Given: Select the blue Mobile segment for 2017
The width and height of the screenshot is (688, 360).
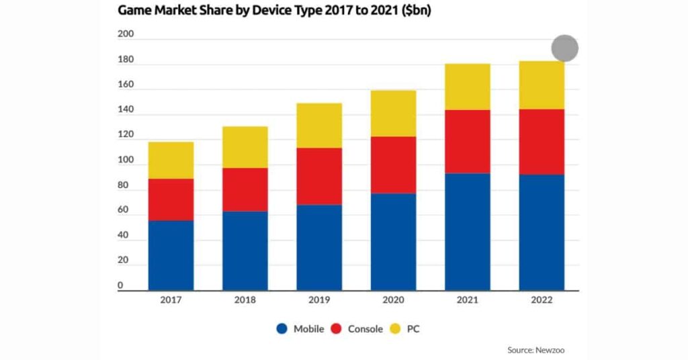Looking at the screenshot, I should [171, 255].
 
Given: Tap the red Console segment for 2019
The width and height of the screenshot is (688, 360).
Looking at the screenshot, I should [319, 176].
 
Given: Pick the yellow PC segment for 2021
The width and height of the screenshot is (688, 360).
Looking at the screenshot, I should [467, 87].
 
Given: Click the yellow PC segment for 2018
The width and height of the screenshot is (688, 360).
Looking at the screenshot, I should [245, 147].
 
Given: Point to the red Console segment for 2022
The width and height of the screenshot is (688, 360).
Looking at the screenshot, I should [542, 142].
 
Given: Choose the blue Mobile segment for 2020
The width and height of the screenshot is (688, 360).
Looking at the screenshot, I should [393, 242].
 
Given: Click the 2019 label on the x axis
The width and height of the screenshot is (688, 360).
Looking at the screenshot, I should [319, 300].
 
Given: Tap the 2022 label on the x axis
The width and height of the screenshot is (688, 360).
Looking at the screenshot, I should [542, 300].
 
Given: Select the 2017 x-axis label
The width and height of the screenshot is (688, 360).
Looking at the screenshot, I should [171, 300].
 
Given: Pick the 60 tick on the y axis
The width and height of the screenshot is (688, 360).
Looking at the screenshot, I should [123, 210].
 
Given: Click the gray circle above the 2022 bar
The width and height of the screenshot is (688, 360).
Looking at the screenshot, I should [564, 48].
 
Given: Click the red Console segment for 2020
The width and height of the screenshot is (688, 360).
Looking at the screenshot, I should [393, 165].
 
